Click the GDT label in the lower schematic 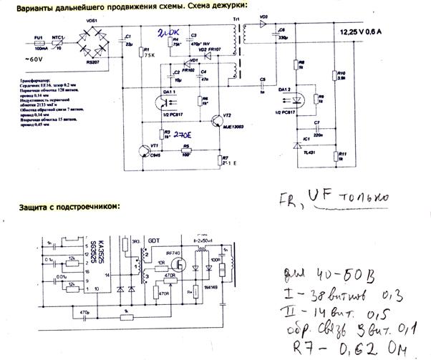click(x=153, y=238)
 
